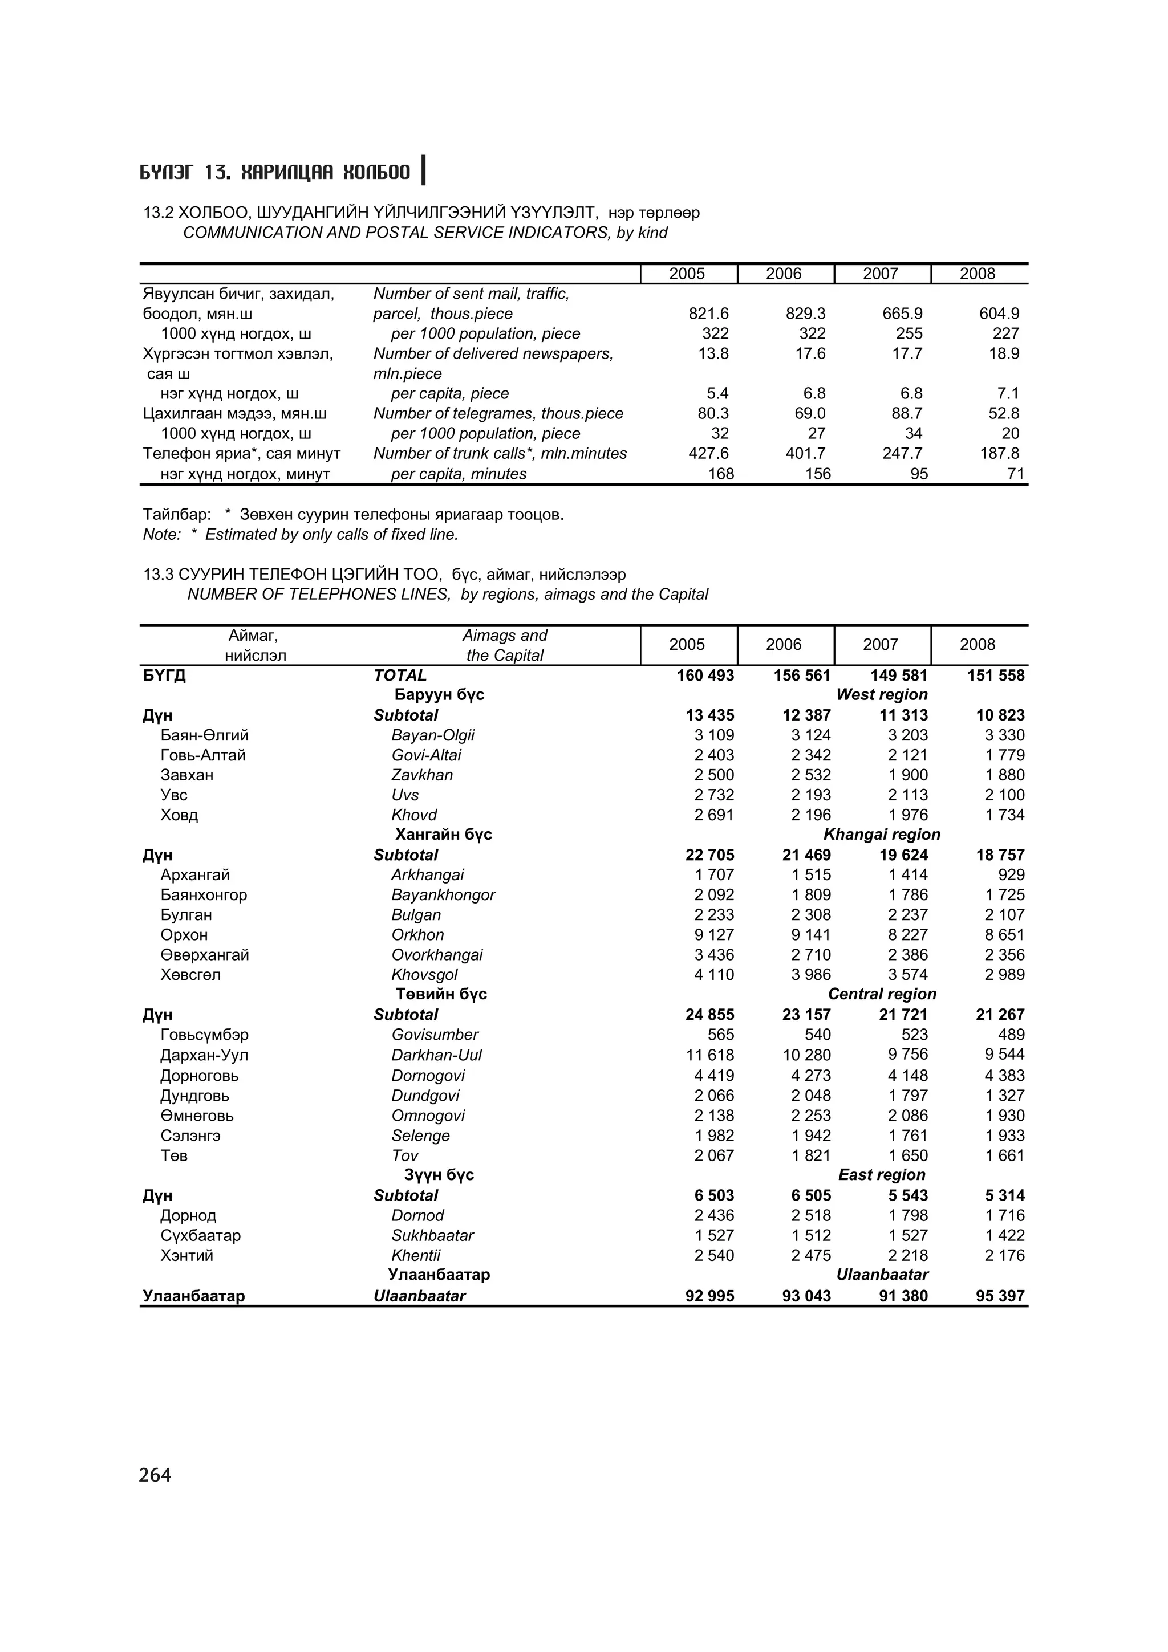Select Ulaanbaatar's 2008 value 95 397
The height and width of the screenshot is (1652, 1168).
[x=1000, y=1296]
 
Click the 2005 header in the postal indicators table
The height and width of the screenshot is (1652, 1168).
[x=687, y=274]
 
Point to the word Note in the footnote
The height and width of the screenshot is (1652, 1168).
[x=160, y=535]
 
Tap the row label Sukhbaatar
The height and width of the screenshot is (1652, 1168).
[x=432, y=1235]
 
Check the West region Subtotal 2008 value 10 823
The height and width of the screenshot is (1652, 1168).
[x=1000, y=715]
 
